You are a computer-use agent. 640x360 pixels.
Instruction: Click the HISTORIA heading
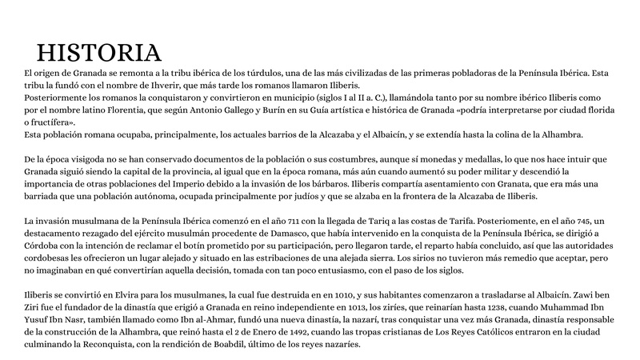pos(99,53)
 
